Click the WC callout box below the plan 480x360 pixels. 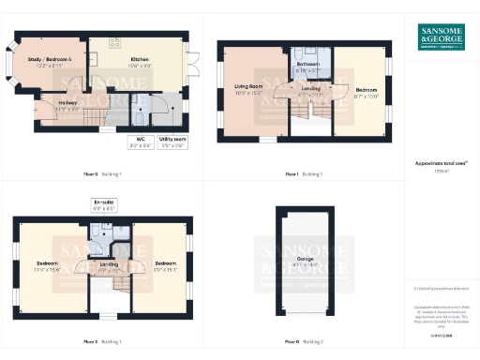coord(137,142)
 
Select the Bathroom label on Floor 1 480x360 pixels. coord(308,67)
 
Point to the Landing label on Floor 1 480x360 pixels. coord(308,91)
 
